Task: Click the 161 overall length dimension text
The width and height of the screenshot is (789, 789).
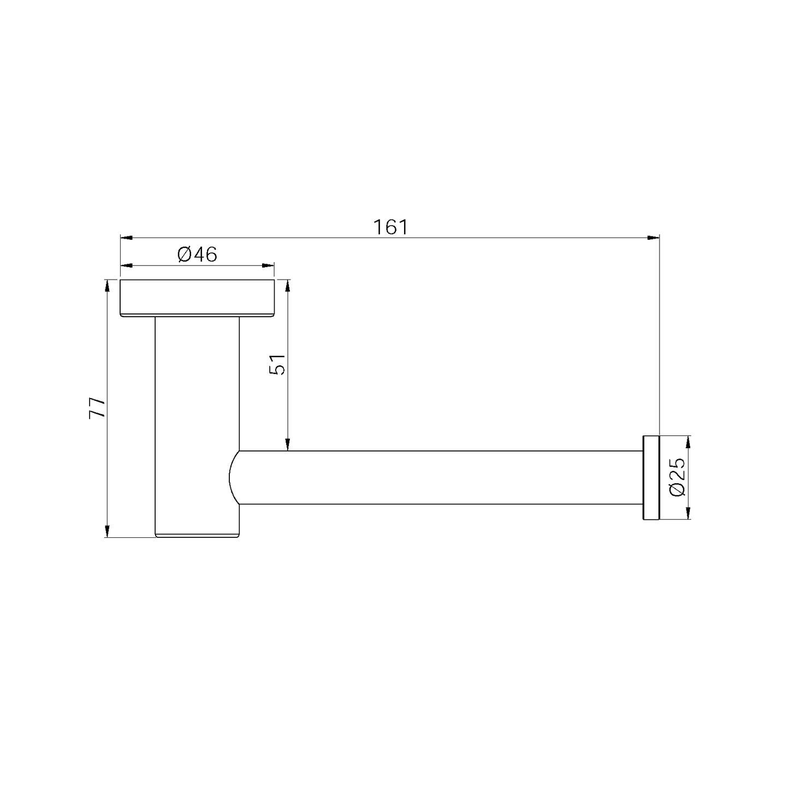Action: pyautogui.click(x=390, y=227)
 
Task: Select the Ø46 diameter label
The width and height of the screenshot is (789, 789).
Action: pyautogui.click(x=197, y=254)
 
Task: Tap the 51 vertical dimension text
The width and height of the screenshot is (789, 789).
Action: pyautogui.click(x=278, y=364)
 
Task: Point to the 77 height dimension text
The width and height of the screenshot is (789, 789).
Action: pyautogui.click(x=97, y=407)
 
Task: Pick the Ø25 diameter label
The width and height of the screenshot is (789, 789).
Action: pyautogui.click(x=677, y=477)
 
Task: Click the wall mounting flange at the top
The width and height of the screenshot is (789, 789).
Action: pyautogui.click(x=197, y=298)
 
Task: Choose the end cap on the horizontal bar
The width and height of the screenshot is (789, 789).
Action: pyautogui.click(x=651, y=477)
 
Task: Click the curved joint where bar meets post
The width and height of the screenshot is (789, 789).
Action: pyautogui.click(x=234, y=477)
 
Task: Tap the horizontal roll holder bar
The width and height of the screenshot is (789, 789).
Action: pyautogui.click(x=437, y=477)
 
